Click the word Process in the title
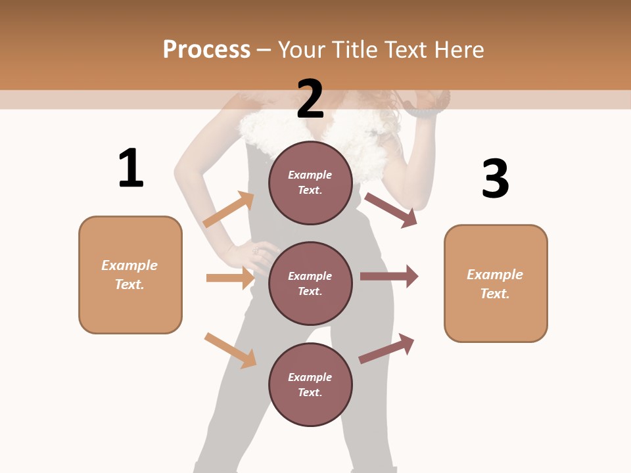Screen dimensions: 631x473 pos(206,50)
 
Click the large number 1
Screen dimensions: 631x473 pos(131,169)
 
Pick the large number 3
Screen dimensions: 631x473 pos(495,179)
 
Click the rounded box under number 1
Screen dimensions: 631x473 pos(130,275)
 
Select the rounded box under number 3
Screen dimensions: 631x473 pos(496,284)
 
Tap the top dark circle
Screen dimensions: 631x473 pos(310,183)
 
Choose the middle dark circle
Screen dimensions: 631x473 pos(310,283)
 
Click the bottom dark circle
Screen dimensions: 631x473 pos(310,384)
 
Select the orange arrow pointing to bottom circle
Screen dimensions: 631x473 pos(231,350)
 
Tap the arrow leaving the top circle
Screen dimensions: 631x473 pos(391,210)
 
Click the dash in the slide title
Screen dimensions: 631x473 pos(264,50)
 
